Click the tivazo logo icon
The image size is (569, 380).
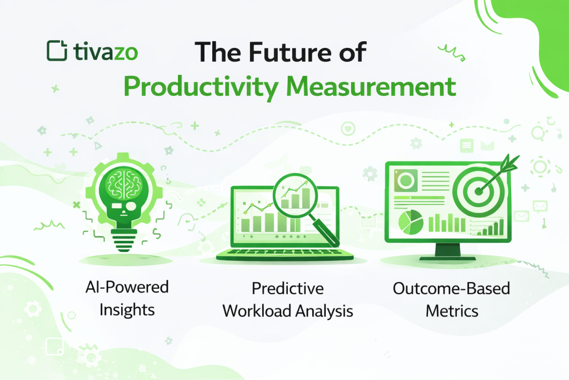[57, 51]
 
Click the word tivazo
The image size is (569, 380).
[106, 52]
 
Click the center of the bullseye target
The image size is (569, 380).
[479, 191]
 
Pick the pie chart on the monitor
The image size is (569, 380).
[411, 222]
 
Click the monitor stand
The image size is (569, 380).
[447, 251]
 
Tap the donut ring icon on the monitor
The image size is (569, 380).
[406, 180]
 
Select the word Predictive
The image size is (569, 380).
[288, 288]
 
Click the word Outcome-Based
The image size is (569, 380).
[451, 288]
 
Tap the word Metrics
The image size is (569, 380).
[452, 311]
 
